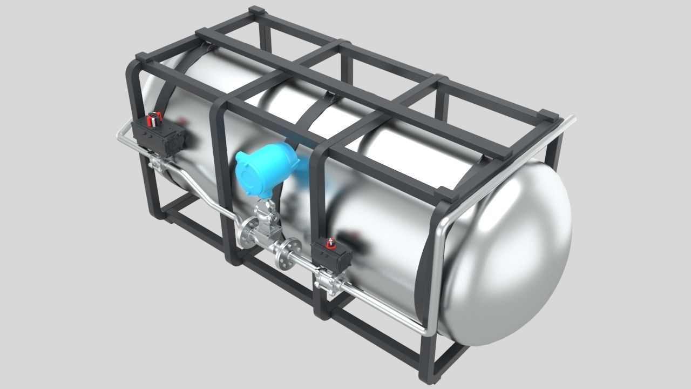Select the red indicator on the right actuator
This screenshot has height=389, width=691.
[330, 243]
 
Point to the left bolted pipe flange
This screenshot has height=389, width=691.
[249, 232]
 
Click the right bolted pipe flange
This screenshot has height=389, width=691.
[284, 253]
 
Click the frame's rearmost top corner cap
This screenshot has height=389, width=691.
[257, 10]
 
